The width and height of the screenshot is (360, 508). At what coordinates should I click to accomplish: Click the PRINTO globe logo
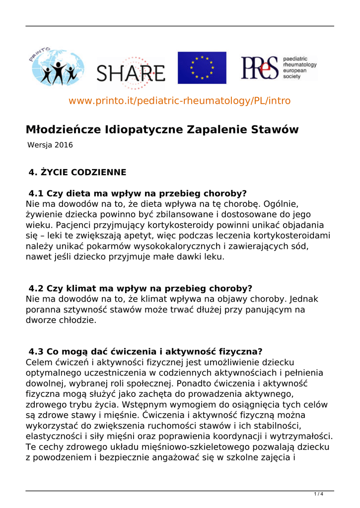55,68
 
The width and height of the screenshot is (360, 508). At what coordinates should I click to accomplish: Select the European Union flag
202,68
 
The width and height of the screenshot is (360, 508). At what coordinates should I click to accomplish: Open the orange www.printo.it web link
179,101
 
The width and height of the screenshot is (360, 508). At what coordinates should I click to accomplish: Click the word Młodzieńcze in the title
64,130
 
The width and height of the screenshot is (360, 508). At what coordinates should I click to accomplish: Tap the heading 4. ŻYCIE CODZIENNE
77,173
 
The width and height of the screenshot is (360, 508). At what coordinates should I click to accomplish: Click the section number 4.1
36,193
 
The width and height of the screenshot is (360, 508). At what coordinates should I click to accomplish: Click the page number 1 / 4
319,494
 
